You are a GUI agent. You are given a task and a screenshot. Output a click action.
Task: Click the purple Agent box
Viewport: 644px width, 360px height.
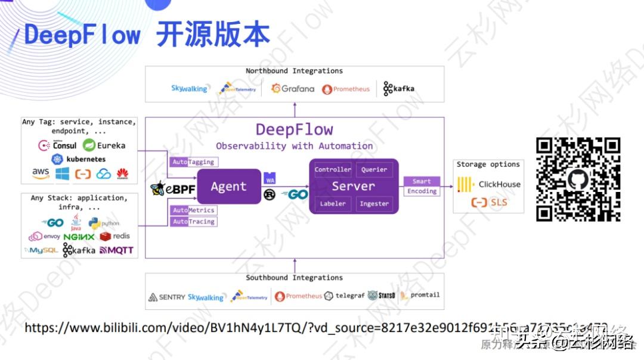[228, 187]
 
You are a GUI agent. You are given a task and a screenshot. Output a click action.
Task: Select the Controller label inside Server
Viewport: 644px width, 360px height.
[333, 170]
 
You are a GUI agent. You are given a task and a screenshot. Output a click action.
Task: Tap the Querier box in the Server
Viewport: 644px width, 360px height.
[374, 170]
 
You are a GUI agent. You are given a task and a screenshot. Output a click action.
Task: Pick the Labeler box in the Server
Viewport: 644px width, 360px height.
[333, 204]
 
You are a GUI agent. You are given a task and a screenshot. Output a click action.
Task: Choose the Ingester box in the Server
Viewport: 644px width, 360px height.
[374, 204]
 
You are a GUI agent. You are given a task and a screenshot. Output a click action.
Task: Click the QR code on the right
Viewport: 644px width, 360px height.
[578, 179]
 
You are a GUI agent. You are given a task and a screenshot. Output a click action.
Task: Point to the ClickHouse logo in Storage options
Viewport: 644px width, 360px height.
[490, 185]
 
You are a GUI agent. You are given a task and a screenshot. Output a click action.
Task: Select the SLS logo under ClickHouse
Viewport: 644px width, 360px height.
[489, 203]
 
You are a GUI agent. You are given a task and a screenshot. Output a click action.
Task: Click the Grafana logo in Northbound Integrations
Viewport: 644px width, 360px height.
[292, 89]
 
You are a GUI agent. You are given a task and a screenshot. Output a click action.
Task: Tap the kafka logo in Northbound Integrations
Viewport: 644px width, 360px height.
[399, 89]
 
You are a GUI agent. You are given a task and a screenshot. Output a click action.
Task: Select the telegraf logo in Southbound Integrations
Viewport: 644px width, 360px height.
[344, 296]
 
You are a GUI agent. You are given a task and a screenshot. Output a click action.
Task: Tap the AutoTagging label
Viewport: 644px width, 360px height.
[193, 162]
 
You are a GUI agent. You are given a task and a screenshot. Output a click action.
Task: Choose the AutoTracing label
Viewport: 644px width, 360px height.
[193, 222]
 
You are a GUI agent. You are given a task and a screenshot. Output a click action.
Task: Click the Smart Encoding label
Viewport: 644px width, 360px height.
[422, 186]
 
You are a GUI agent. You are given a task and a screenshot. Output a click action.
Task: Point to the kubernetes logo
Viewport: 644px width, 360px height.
[79, 159]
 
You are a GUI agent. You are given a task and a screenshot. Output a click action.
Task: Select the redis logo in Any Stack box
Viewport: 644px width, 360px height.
[115, 236]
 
